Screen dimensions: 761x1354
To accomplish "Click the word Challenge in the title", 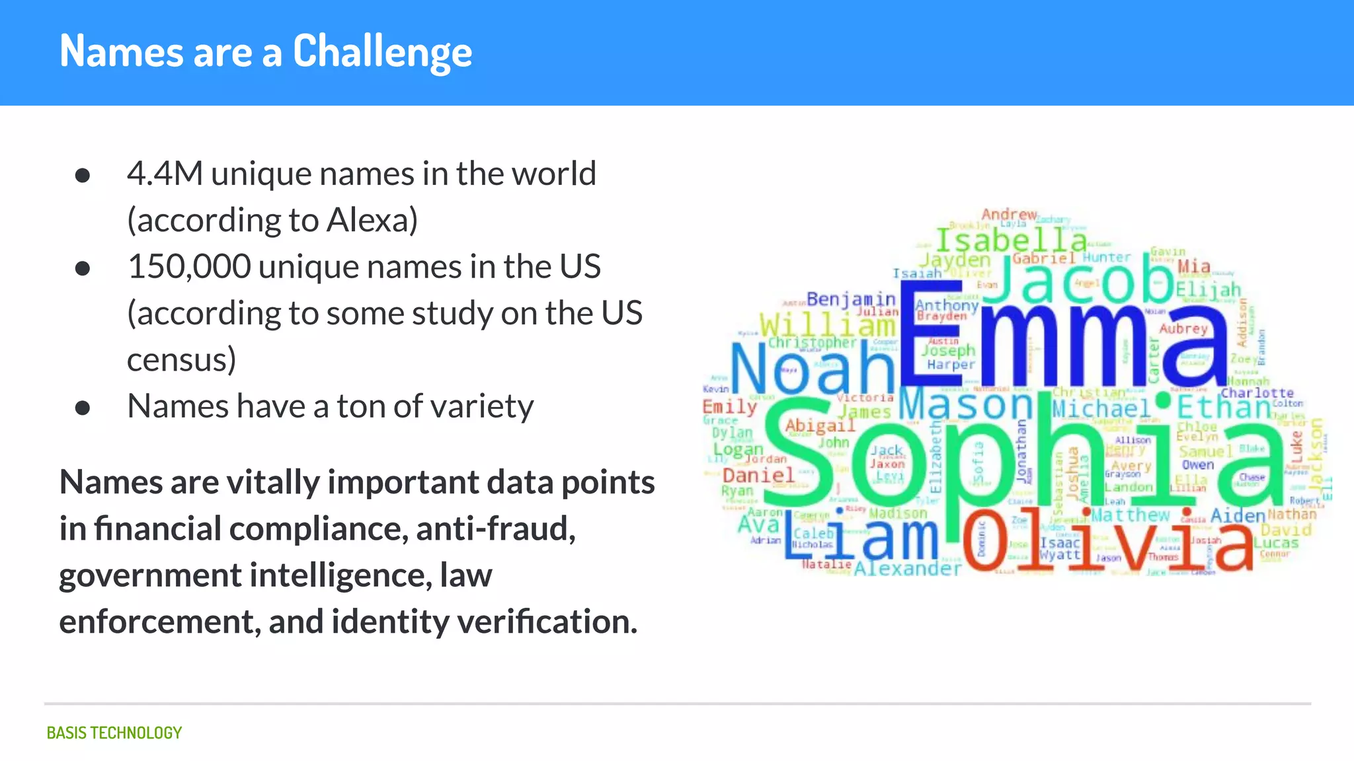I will pyautogui.click(x=382, y=52).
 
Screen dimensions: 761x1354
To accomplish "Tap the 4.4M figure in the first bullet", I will pyautogui.click(x=165, y=174).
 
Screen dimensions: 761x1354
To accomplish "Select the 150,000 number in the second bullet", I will pyautogui.click(x=189, y=267).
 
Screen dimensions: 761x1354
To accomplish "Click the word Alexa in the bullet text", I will pyautogui.click(x=372, y=220).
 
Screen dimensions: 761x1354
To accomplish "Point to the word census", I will pyautogui.click(x=181, y=360).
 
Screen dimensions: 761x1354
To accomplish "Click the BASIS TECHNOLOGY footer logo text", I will pyautogui.click(x=114, y=733).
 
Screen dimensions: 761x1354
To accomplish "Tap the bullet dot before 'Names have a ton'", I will pyautogui.click(x=83, y=408).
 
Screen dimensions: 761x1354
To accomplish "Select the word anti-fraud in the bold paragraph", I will pyautogui.click(x=496, y=528).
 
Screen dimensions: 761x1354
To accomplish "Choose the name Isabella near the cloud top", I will pyautogui.click(x=1012, y=239).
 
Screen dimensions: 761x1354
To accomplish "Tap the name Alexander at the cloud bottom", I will pyautogui.click(x=908, y=569).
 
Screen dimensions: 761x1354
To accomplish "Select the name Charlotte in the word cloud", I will pyautogui.click(x=1257, y=393).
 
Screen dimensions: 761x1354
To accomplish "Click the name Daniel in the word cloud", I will pyautogui.click(x=758, y=475).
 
